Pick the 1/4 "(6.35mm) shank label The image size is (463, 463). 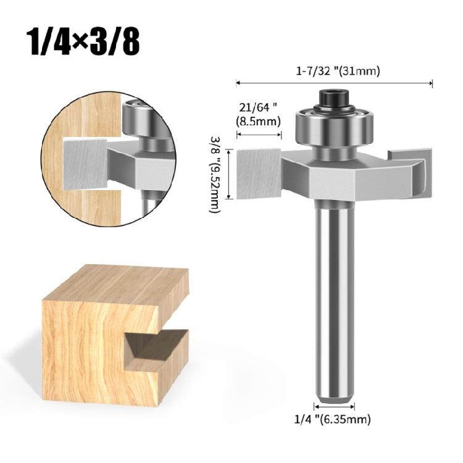pos(334,420)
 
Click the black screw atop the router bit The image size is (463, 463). pos(334,99)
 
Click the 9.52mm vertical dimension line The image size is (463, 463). pos(230,174)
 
